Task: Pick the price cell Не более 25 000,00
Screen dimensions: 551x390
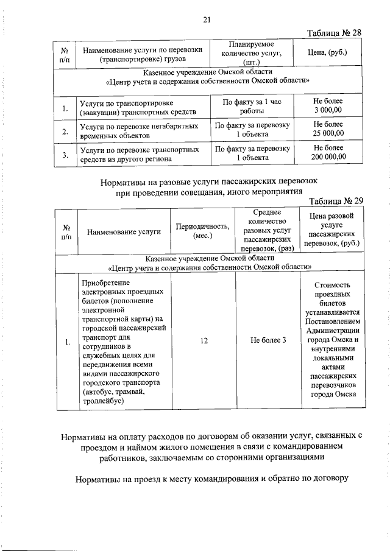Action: (x=328, y=130)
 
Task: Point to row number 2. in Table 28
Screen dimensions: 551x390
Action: (x=65, y=130)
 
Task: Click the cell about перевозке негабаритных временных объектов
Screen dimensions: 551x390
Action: (x=140, y=130)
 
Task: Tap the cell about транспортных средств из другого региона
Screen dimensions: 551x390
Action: (x=140, y=153)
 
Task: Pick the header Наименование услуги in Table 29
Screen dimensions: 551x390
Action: (x=124, y=231)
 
